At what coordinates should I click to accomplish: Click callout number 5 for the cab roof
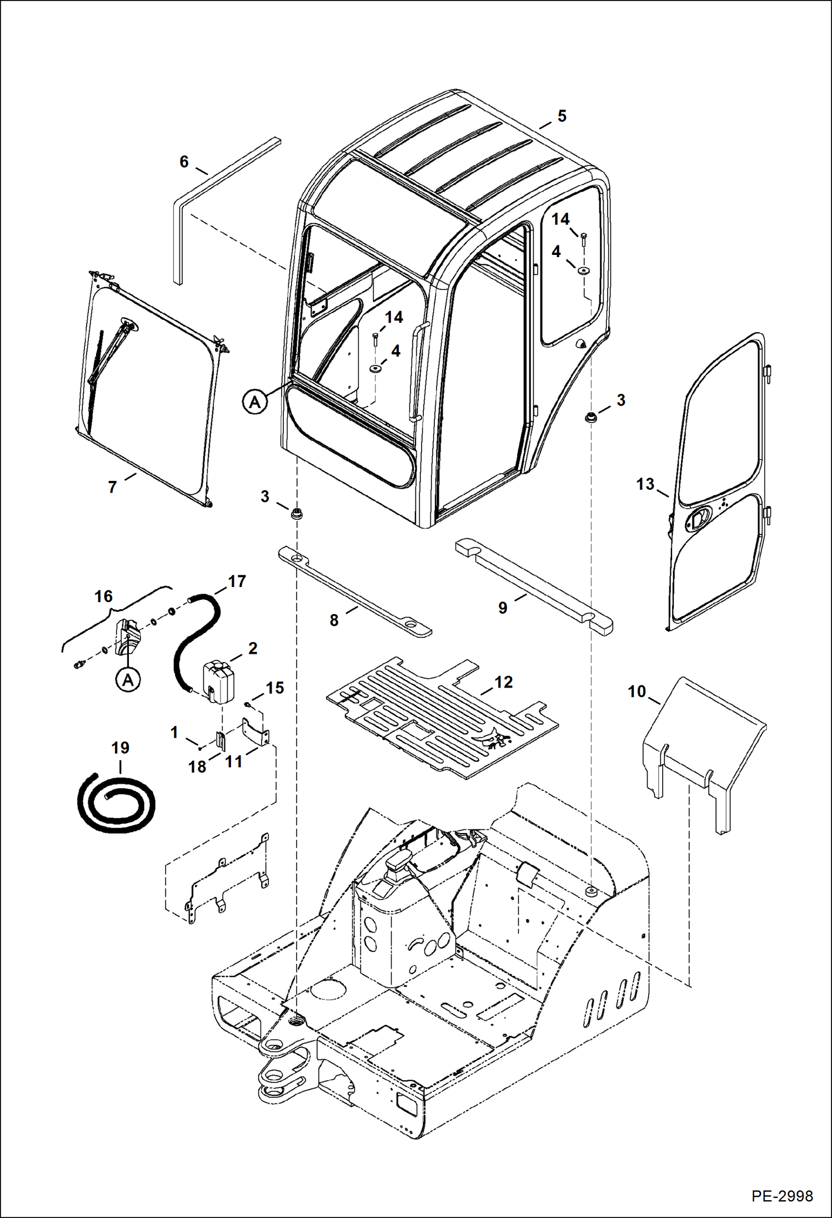pyautogui.click(x=562, y=116)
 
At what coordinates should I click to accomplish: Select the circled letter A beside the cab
pyautogui.click(x=254, y=401)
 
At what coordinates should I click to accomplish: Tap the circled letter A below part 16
pyautogui.click(x=128, y=680)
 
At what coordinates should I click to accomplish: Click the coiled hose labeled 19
pyautogui.click(x=116, y=802)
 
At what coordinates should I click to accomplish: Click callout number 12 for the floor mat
pyautogui.click(x=503, y=682)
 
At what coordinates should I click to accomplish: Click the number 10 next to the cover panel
pyautogui.click(x=636, y=691)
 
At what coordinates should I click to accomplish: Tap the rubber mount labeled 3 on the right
pyautogui.click(x=591, y=417)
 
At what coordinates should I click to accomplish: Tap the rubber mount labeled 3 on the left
pyautogui.click(x=298, y=513)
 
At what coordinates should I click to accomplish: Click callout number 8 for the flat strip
pyautogui.click(x=334, y=620)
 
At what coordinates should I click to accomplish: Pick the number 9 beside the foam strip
pyautogui.click(x=503, y=608)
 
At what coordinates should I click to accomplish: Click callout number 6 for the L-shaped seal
pyautogui.click(x=184, y=162)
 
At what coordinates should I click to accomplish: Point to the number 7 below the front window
pyautogui.click(x=112, y=487)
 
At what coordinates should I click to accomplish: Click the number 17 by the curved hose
pyautogui.click(x=237, y=582)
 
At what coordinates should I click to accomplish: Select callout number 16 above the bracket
pyautogui.click(x=103, y=597)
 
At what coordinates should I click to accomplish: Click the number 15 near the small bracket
pyautogui.click(x=275, y=688)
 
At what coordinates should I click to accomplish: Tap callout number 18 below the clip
pyautogui.click(x=197, y=766)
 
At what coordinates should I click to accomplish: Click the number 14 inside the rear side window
pyautogui.click(x=560, y=219)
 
